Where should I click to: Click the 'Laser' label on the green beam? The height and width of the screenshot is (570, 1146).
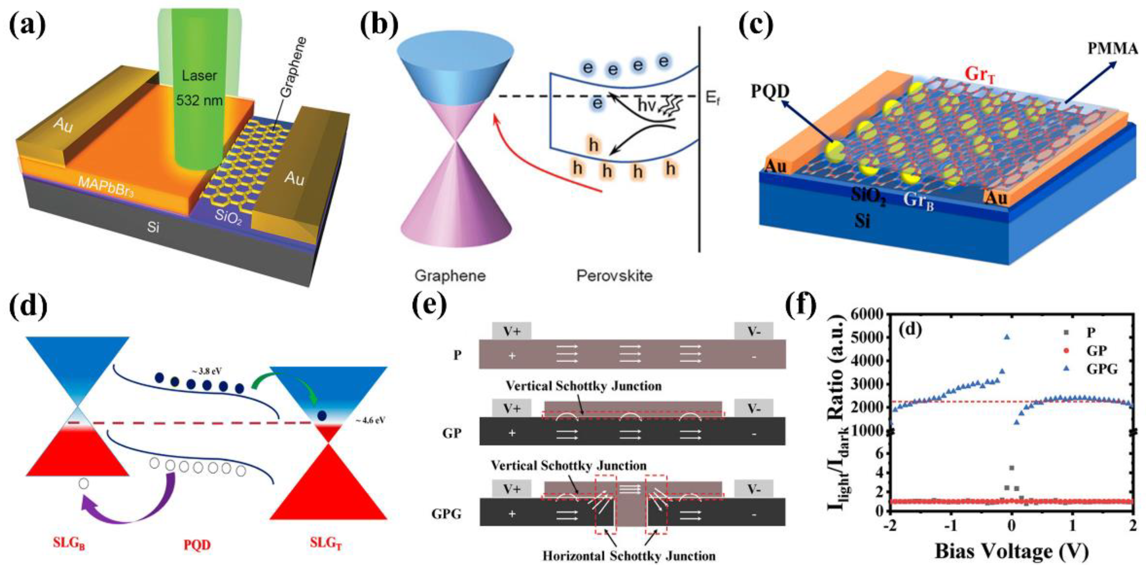[x=199, y=75]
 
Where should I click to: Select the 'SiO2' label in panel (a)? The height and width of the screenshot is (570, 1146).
[x=228, y=217]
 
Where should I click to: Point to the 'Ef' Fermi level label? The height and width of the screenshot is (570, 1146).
[x=712, y=98]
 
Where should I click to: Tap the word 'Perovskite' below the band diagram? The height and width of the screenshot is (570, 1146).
[x=615, y=276]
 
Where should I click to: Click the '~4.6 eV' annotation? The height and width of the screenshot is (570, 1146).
[x=370, y=420]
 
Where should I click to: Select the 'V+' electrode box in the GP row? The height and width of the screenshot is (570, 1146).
[x=512, y=408]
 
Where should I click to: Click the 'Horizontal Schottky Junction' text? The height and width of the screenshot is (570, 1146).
[x=629, y=556]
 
